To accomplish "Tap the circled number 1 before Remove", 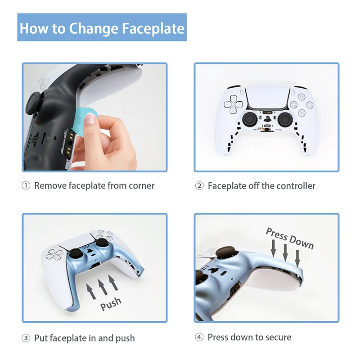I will click(27, 185).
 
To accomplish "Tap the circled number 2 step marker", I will click(199, 185).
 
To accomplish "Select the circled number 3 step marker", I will click(27, 338).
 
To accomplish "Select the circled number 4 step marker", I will click(199, 337).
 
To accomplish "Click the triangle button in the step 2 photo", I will click(300, 95).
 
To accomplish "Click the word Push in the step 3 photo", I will click(111, 304).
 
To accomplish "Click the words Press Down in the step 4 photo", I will click(289, 238).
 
